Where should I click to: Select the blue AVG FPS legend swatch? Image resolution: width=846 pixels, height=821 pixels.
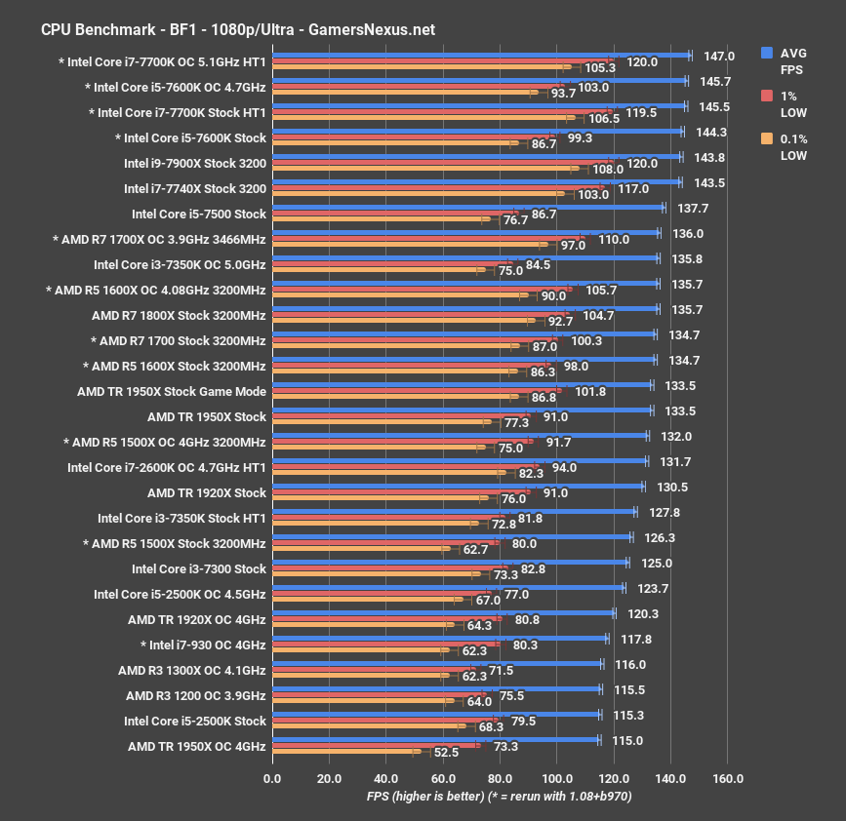coord(767,54)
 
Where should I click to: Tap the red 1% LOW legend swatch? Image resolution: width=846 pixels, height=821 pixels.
coord(767,96)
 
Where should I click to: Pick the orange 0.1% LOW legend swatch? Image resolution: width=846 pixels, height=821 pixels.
coord(767,137)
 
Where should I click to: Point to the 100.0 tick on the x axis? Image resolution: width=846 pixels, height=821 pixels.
coord(557,778)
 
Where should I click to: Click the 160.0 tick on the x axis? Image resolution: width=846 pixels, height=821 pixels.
coord(728,778)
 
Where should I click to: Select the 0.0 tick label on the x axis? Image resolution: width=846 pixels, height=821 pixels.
coord(273,778)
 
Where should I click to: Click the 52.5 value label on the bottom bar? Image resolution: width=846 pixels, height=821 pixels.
coord(447,752)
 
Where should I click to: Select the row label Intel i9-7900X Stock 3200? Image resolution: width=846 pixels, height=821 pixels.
coord(195,163)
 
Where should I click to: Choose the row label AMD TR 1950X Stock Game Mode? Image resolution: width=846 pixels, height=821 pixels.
coord(172,391)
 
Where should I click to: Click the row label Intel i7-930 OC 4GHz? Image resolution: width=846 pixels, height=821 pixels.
coord(203,645)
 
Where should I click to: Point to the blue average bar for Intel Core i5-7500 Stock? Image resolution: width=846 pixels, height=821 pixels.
coord(467,208)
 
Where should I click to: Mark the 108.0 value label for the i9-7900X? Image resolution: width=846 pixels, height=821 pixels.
coord(608,169)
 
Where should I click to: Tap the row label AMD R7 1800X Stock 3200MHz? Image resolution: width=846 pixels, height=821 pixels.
coord(179,315)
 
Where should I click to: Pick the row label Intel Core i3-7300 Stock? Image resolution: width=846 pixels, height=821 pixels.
coord(199,568)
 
